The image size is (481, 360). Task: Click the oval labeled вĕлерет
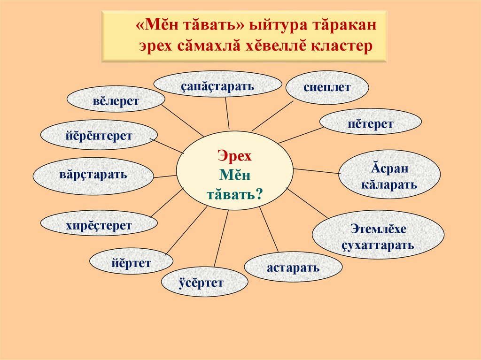[x=116, y=102]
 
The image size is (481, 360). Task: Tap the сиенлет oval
[x=327, y=87]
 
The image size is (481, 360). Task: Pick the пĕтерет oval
[x=371, y=124]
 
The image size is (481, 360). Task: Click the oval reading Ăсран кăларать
[x=389, y=175]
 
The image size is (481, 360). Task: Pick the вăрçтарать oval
[x=93, y=176]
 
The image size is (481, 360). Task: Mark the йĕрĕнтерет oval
[x=99, y=136]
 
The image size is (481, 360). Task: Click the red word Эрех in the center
[x=235, y=156]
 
